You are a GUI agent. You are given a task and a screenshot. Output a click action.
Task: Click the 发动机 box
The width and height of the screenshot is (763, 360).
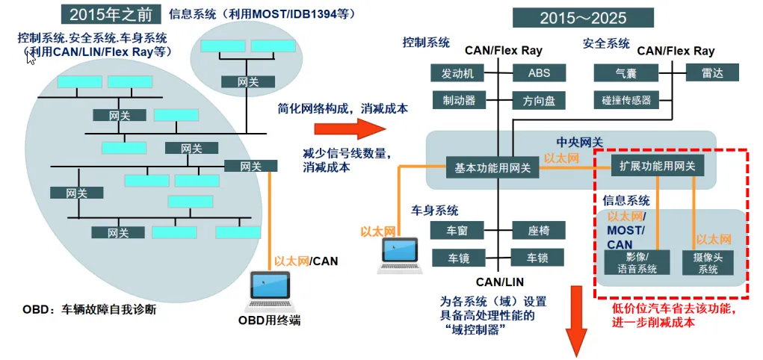tap(458, 73)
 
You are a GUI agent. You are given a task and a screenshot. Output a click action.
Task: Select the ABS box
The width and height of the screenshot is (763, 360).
tap(539, 73)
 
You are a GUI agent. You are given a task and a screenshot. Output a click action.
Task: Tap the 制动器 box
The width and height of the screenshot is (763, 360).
tap(458, 99)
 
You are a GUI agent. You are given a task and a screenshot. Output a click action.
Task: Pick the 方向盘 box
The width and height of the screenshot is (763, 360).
tap(539, 99)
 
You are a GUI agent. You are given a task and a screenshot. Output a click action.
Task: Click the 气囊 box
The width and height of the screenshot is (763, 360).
tap(625, 73)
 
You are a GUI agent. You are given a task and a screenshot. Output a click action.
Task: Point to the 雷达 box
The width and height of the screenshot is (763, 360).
tap(711, 72)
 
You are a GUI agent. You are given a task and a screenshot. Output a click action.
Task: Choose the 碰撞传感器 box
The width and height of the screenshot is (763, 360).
tap(626, 99)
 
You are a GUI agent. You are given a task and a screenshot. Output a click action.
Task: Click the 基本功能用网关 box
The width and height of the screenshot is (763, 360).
tap(492, 168)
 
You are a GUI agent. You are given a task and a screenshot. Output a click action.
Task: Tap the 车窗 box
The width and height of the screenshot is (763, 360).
tap(457, 231)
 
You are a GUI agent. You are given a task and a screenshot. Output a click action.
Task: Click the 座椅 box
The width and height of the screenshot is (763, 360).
tap(539, 231)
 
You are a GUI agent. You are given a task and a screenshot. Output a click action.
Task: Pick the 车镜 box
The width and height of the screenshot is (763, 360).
tap(457, 258)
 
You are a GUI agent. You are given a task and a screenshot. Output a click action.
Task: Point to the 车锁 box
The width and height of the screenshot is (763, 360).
tap(539, 258)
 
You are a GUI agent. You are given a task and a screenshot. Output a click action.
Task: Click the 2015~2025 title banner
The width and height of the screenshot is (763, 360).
tap(583, 16)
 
